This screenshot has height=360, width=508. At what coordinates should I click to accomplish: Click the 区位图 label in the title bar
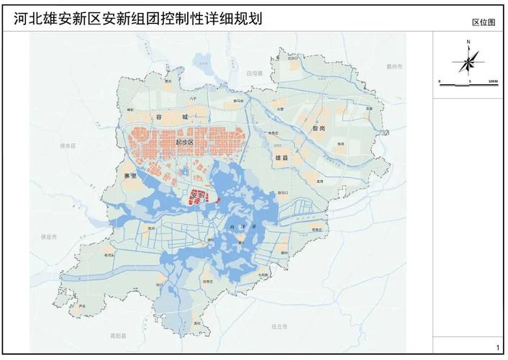484,22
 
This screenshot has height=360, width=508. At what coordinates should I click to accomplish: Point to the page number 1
495,347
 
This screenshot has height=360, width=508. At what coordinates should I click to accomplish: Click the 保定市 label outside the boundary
49,237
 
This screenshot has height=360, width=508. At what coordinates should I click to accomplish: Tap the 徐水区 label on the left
68,145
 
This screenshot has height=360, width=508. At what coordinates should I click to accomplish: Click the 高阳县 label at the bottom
119,336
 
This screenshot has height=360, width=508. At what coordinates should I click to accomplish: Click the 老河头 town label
109,256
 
